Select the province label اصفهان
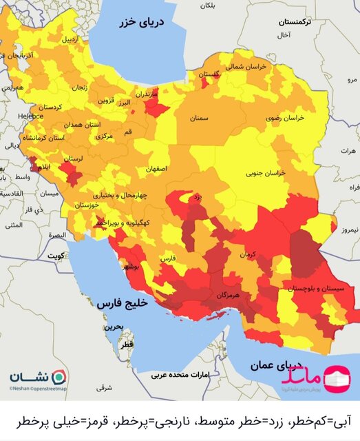click(156, 168)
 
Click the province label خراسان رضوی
click(282, 119)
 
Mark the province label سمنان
click(200, 119)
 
